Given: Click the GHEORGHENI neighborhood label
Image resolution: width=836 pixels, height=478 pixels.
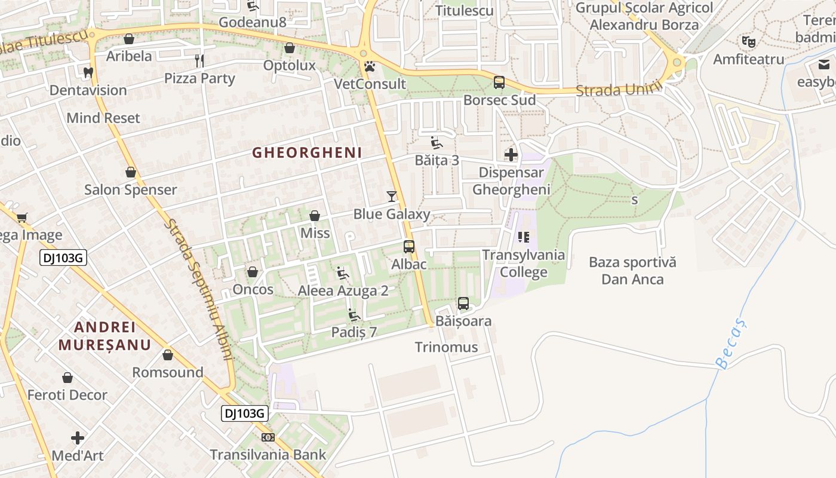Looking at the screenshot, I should [x=307, y=153].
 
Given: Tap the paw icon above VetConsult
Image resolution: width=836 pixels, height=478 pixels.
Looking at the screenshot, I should [x=370, y=66].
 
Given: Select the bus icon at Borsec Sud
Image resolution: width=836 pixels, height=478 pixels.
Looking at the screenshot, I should [x=499, y=82].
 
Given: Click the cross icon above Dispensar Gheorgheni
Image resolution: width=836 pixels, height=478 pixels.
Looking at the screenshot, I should [x=511, y=155].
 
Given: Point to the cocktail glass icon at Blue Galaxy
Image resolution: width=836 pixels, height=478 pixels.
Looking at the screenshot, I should [x=392, y=196].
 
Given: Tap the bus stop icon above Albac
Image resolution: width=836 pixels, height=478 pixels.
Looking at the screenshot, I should [x=409, y=246].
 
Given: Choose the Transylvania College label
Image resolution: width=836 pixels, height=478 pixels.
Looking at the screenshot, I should [x=524, y=263].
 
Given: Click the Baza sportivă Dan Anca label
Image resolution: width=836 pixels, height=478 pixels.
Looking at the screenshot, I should [x=632, y=271].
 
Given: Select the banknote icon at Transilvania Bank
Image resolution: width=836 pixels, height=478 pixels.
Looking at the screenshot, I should [x=268, y=437].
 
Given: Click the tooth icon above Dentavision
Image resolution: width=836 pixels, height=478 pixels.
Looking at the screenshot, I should [x=88, y=72].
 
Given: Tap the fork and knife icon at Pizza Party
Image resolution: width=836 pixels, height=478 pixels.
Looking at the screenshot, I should [x=199, y=60].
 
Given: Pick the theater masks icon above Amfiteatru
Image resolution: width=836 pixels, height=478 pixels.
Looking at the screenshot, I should [x=748, y=41].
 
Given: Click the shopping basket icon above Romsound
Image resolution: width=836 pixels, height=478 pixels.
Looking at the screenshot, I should [x=168, y=355].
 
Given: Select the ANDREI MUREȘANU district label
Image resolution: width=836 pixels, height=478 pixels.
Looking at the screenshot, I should [x=105, y=336].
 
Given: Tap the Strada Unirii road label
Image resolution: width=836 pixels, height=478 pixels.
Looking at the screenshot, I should [x=620, y=90].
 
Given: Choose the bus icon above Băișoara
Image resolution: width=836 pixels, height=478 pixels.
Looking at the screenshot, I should [x=463, y=303].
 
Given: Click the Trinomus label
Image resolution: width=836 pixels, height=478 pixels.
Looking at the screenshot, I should [x=447, y=347].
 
